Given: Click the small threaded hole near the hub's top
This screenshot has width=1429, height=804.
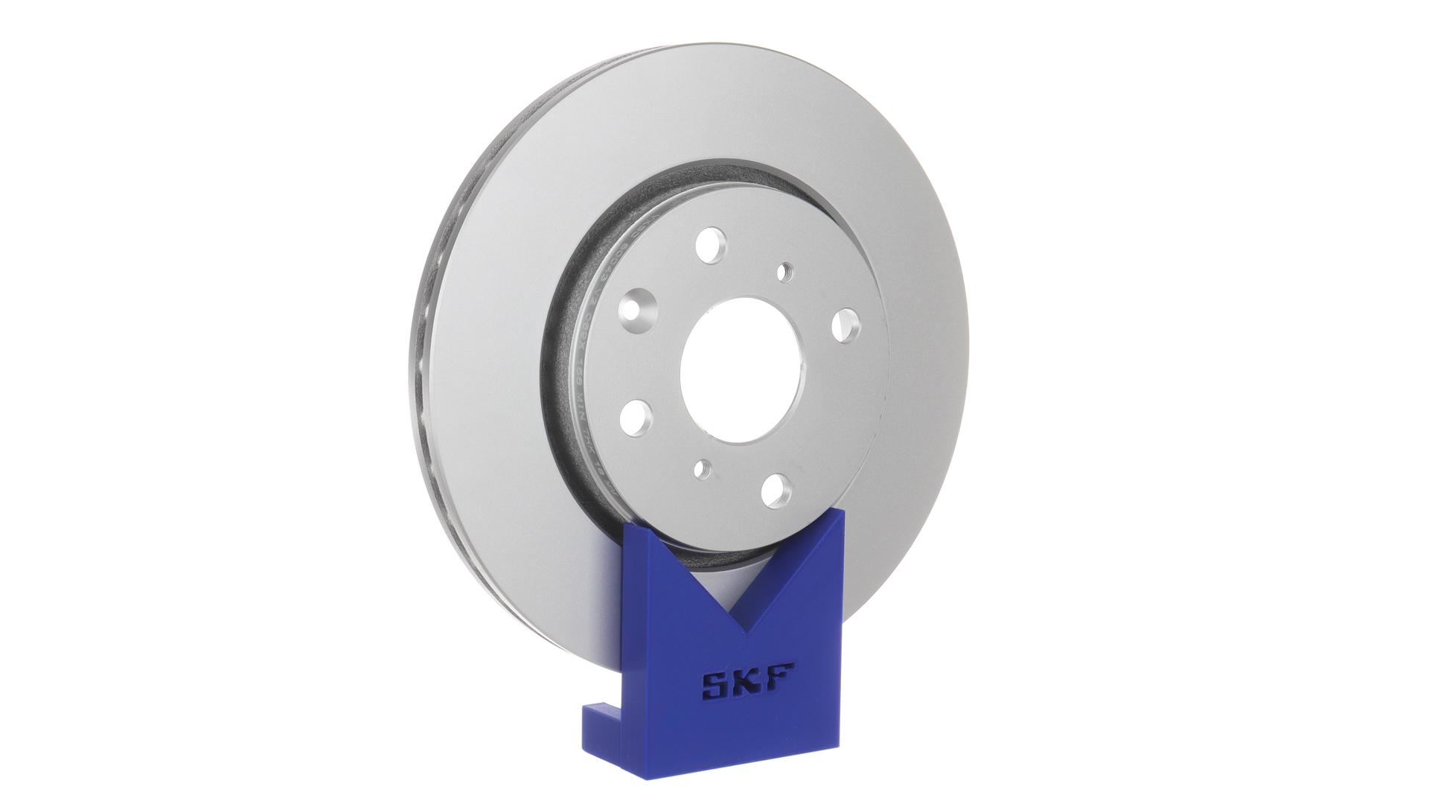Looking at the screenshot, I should tap(784, 272).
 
